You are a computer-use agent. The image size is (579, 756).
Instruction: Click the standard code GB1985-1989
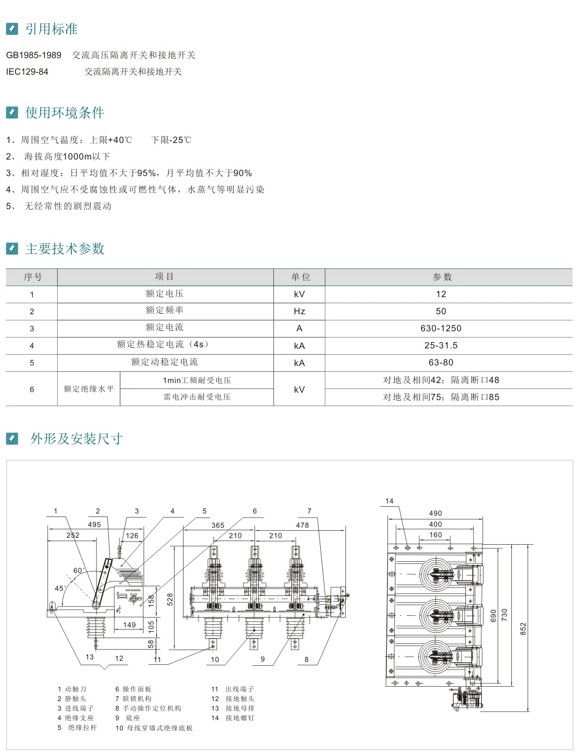pyautogui.click(x=34, y=55)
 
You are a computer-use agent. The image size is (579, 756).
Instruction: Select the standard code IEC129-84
pyautogui.click(x=27, y=71)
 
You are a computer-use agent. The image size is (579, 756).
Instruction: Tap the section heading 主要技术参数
pyautogui.click(x=65, y=249)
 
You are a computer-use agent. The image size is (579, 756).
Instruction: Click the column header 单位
pyautogui.click(x=300, y=277)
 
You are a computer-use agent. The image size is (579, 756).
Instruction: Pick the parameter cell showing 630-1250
pyautogui.click(x=441, y=328)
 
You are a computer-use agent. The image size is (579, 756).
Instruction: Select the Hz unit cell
pyautogui.click(x=299, y=311)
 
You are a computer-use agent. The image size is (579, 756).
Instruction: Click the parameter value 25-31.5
pyautogui.click(x=441, y=345)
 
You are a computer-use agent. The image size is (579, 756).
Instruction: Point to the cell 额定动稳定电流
pyautogui.click(x=164, y=362)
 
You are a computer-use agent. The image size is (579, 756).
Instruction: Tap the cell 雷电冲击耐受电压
pyautogui.click(x=197, y=397)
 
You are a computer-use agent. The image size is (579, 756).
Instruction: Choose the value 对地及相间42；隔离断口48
pyautogui.click(x=441, y=380)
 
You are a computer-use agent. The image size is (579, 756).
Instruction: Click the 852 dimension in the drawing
pyautogui.click(x=523, y=628)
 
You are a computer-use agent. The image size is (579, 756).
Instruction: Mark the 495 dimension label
pyautogui.click(x=94, y=524)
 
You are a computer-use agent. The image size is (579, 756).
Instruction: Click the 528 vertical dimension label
pyautogui.click(x=170, y=599)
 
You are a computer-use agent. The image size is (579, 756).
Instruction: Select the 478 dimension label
pyautogui.click(x=302, y=525)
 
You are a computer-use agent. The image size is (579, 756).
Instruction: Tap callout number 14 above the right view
pyautogui.click(x=389, y=501)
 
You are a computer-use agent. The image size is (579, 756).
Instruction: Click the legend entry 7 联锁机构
pyautogui.click(x=133, y=698)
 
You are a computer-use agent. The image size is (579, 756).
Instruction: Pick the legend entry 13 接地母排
pyautogui.click(x=233, y=708)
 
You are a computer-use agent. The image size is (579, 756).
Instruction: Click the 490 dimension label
pyautogui.click(x=435, y=513)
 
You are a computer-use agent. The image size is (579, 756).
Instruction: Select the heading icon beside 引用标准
pyautogui.click(x=12, y=29)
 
